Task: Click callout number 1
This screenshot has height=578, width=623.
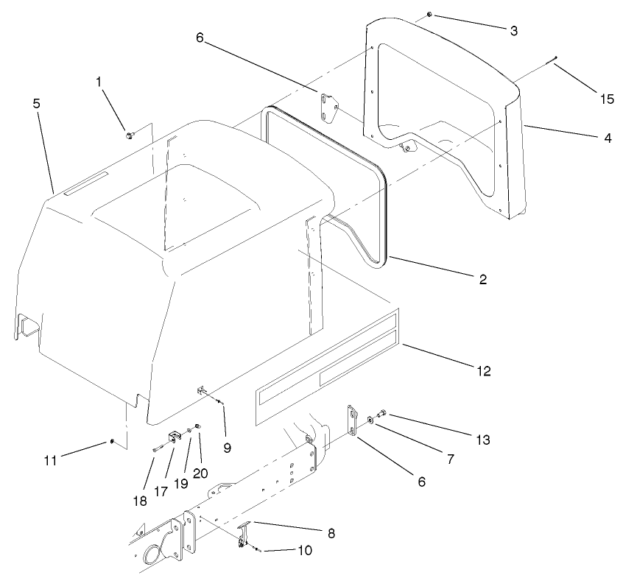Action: click(x=99, y=83)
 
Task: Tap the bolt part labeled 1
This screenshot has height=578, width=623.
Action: click(x=130, y=135)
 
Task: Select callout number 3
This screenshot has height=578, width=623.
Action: click(x=513, y=31)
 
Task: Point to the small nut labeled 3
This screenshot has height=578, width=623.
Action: click(x=429, y=15)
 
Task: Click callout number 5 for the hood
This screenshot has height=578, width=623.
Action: click(x=37, y=104)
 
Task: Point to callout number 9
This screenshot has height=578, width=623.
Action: click(x=228, y=447)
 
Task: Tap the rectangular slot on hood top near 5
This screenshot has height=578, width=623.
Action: click(x=85, y=184)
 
